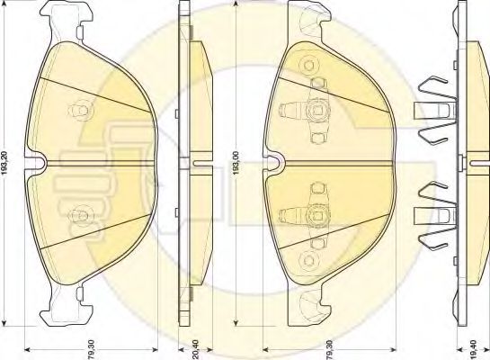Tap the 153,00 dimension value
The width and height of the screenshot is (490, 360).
[236, 163]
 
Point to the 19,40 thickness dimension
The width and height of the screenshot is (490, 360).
[473, 349]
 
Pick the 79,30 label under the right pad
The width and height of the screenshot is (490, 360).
[331, 348]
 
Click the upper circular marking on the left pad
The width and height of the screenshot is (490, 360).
[81, 111]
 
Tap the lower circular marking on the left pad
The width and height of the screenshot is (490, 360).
[81, 215]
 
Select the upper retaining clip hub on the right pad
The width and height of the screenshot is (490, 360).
[317, 111]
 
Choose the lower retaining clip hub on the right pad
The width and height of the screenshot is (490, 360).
[317, 214]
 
